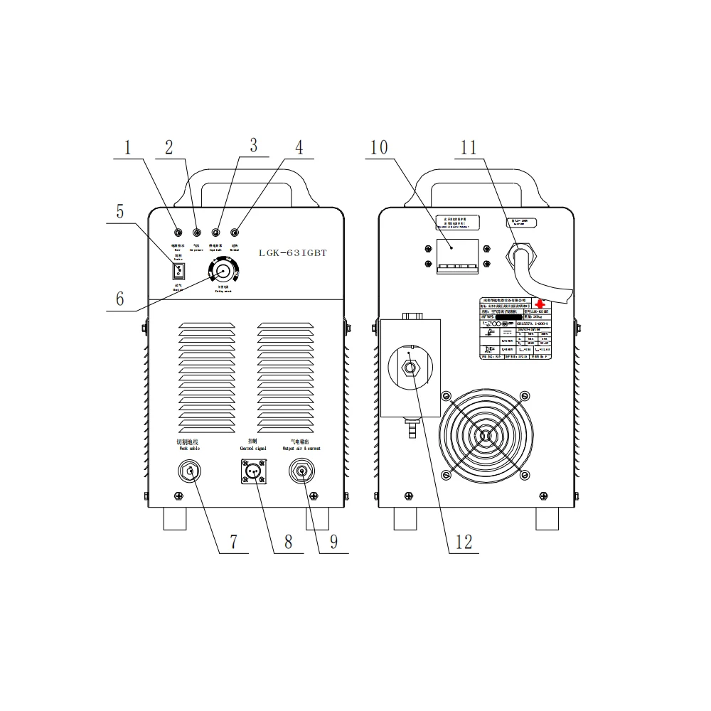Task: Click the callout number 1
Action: [129, 148]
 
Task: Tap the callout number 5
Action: [120, 211]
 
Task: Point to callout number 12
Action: [464, 542]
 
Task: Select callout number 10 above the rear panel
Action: [379, 148]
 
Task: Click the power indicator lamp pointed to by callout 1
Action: [178, 233]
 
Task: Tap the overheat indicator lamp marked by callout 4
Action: [235, 233]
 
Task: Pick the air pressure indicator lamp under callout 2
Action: [197, 233]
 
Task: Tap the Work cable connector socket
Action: [190, 471]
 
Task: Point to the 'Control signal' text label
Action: [252, 449]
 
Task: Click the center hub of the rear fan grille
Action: [485, 435]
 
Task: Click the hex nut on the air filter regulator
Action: [411, 368]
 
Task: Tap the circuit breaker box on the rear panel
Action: [456, 254]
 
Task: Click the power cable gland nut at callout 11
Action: [523, 252]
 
